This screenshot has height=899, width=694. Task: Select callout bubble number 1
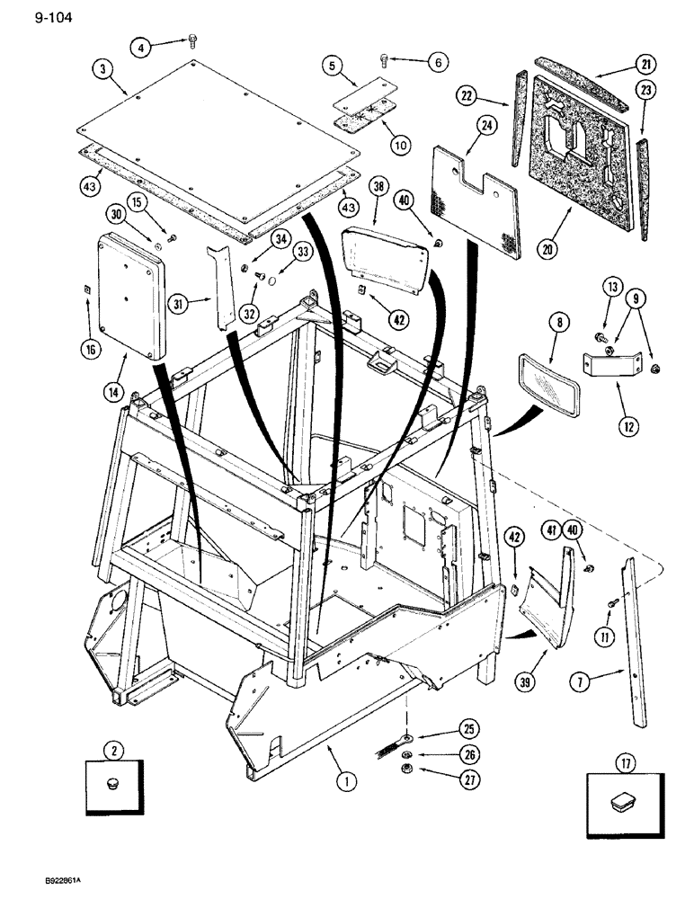click(x=343, y=781)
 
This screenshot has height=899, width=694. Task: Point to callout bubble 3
click(x=106, y=68)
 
